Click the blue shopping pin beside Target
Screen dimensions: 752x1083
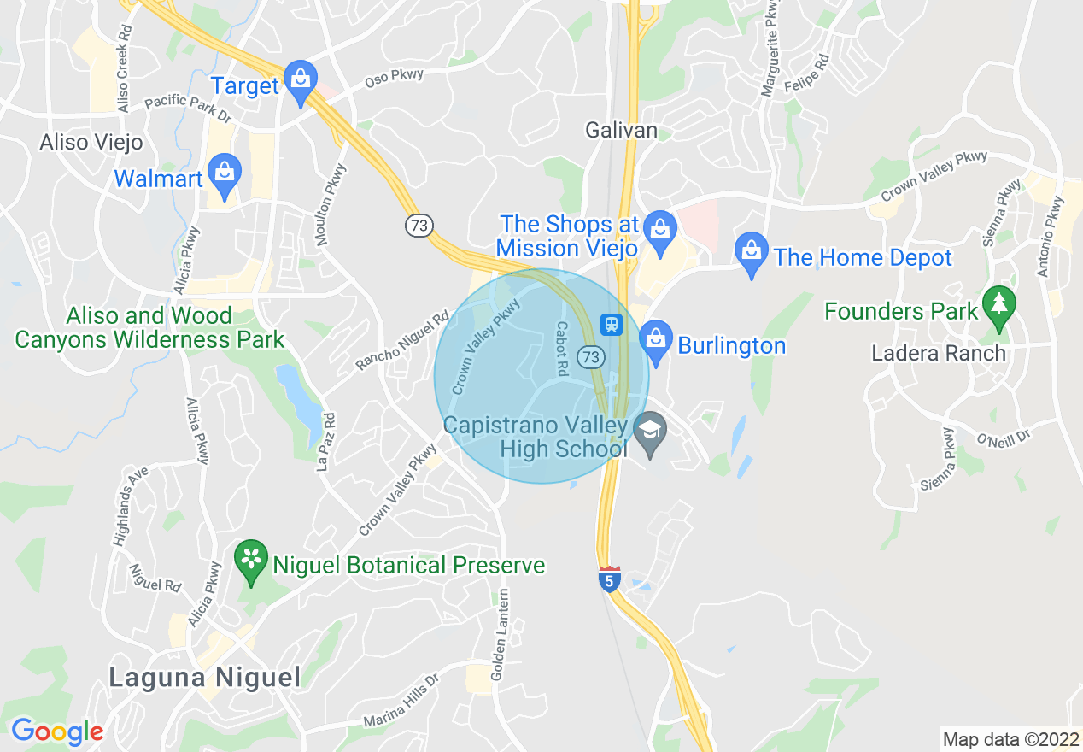[300, 80]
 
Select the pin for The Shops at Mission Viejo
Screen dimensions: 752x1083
[659, 231]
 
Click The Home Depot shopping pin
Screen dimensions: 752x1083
[752, 252]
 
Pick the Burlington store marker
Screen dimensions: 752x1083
[655, 339]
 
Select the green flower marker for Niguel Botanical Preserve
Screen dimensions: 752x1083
[251, 560]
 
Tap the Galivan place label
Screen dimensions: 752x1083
[621, 130]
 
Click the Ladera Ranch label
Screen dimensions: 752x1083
[939, 353]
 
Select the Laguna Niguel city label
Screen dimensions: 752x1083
[205, 678]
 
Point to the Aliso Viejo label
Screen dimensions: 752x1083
[91, 142]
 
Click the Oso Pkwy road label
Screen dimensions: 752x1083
[394, 78]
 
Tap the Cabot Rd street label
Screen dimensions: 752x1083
[562, 349]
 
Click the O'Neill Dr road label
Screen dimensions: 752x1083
[1004, 437]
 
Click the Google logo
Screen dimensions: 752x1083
[57, 731]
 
